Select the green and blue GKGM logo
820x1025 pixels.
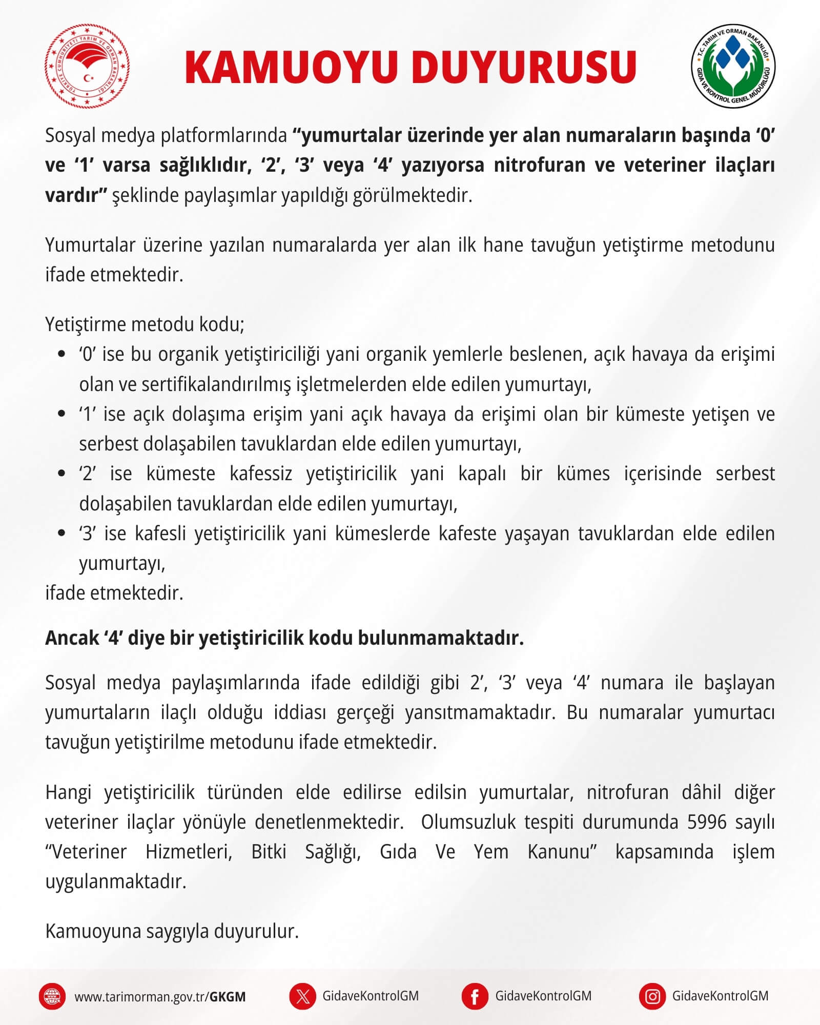pyautogui.click(x=733, y=67)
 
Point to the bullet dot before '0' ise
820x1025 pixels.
pyautogui.click(x=62, y=354)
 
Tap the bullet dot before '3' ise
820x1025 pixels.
pyautogui.click(x=62, y=534)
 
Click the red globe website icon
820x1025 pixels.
pyautogui.click(x=52, y=996)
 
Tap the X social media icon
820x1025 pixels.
pyautogui.click(x=302, y=996)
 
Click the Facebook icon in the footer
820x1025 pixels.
pyautogui.click(x=475, y=996)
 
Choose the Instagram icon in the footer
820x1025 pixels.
pyautogui.click(x=652, y=996)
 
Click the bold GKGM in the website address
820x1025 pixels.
pyautogui.click(x=228, y=997)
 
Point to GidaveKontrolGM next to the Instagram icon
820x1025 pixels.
pyautogui.click(x=720, y=996)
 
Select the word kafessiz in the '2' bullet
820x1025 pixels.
pyautogui.click(x=261, y=474)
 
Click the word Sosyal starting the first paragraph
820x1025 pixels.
pyautogui.click(x=70, y=136)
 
